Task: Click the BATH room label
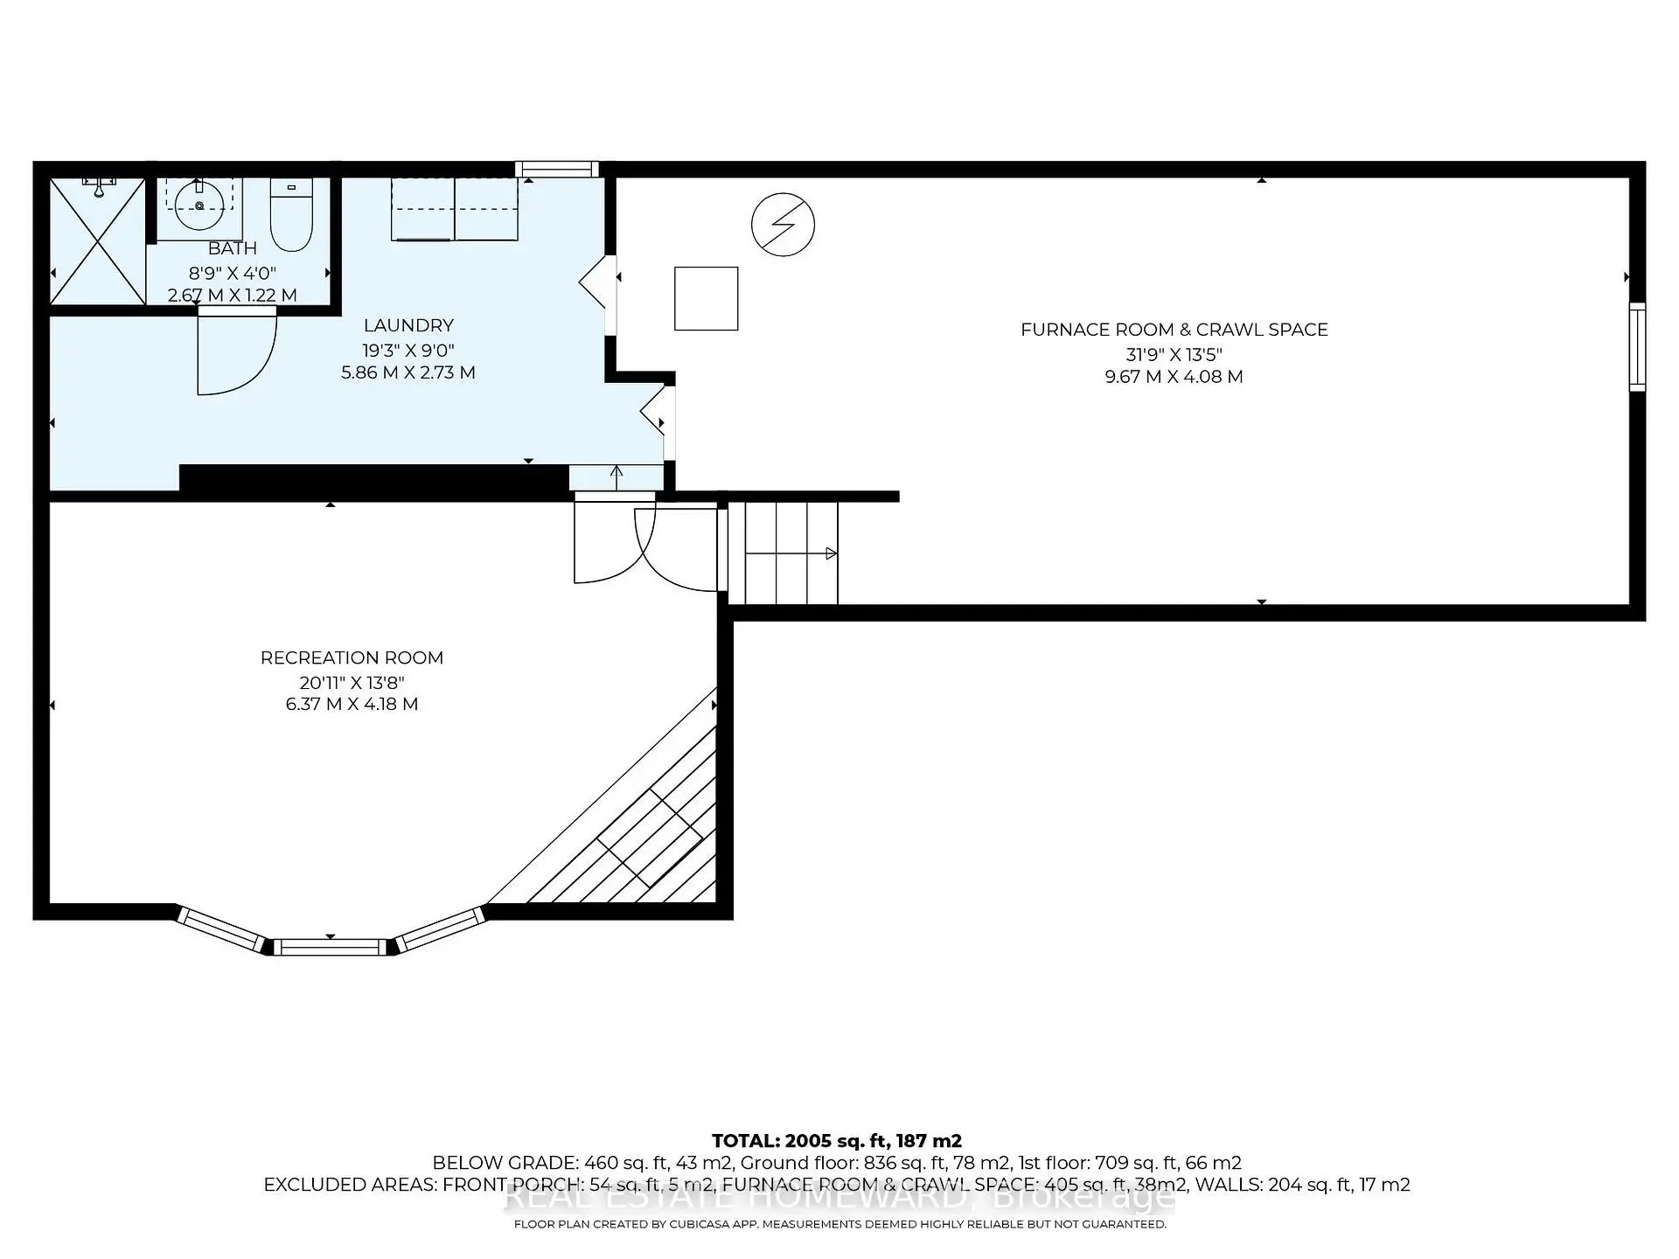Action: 233,249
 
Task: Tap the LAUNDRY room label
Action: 408,325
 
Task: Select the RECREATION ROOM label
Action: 352,657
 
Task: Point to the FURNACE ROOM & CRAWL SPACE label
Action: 1174,330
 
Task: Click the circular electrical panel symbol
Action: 783,225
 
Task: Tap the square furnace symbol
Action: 706,299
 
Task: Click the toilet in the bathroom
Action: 291,216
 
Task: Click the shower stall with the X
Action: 97,241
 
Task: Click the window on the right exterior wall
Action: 1637,346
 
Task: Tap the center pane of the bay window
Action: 331,946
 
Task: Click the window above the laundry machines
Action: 556,170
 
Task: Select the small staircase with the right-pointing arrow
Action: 783,553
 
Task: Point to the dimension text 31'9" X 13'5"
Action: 1174,354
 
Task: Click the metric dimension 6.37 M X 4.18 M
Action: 352,704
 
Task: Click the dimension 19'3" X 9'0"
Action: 408,350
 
